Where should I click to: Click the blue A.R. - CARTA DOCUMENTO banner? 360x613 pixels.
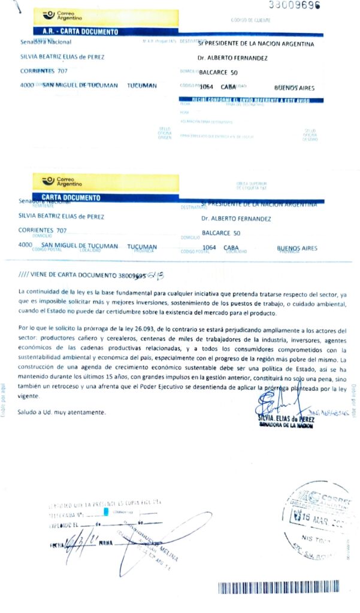click(x=81, y=31)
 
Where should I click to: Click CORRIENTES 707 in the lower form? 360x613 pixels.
click(x=43, y=230)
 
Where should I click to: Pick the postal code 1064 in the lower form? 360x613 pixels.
click(x=209, y=247)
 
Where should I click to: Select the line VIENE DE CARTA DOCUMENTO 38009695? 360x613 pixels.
click(x=81, y=276)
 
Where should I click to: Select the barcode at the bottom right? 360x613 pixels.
click(x=278, y=587)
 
